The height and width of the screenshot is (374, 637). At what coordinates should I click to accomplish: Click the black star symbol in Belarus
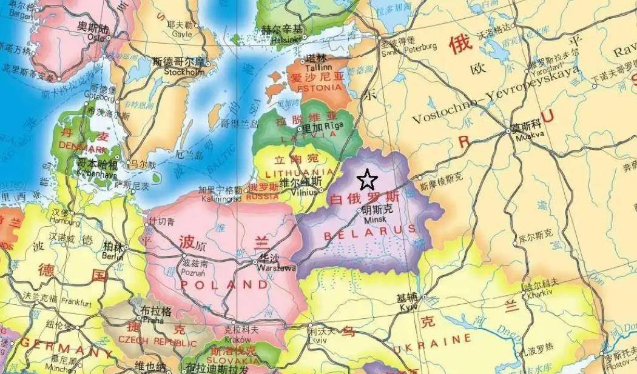pyautogui.click(x=368, y=180)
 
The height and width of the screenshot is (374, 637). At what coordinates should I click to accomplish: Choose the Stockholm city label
pyautogui.click(x=184, y=72)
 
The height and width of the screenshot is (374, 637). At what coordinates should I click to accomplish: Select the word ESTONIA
pyautogui.click(x=316, y=87)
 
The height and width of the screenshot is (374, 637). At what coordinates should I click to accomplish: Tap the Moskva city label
pyautogui.click(x=524, y=137)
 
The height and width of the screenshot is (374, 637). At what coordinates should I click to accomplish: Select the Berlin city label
pyautogui.click(x=112, y=256)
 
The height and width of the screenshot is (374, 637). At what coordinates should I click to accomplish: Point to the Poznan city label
pyautogui.click(x=194, y=273)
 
